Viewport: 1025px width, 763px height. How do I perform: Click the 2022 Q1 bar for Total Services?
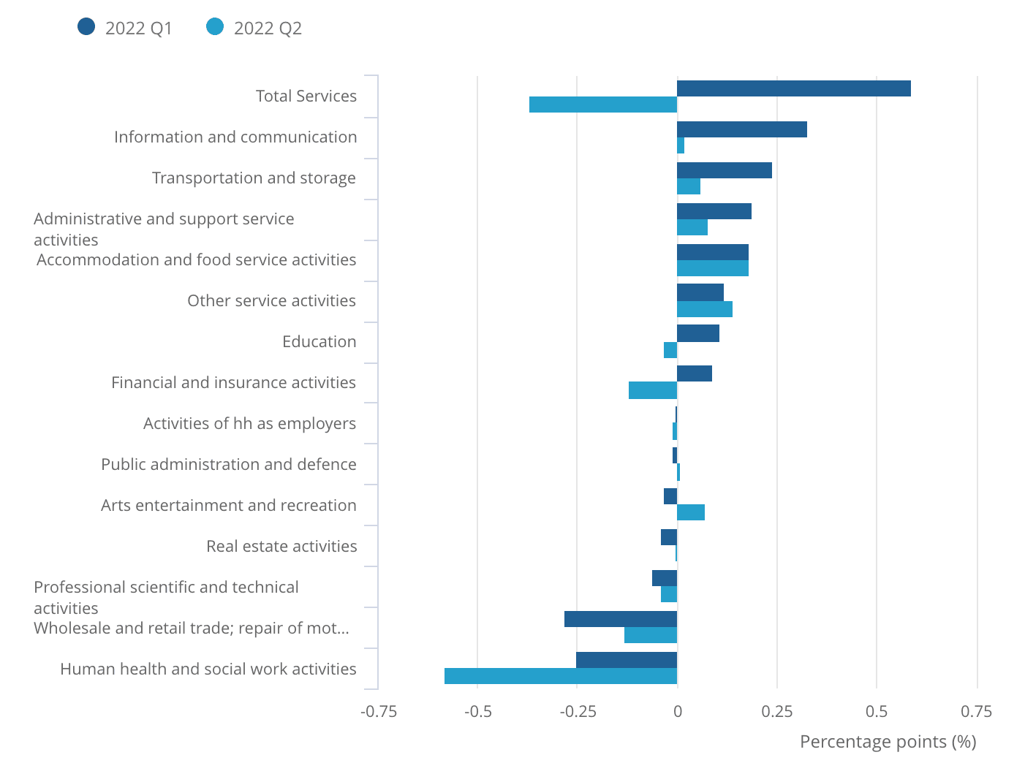pyautogui.click(x=793, y=88)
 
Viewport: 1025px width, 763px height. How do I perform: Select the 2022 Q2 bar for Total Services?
pyautogui.click(x=603, y=105)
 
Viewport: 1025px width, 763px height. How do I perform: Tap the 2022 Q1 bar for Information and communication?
pyautogui.click(x=741, y=129)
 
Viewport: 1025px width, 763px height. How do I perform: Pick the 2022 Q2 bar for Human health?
pyautogui.click(x=561, y=676)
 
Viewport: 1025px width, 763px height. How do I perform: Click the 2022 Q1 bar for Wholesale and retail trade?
pyautogui.click(x=621, y=619)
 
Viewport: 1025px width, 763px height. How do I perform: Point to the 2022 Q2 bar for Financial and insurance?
pyautogui.click(x=653, y=391)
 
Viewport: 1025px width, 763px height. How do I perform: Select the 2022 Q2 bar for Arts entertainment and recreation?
pyautogui.click(x=691, y=512)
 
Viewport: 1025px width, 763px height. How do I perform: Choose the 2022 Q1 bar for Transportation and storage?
pyautogui.click(x=724, y=170)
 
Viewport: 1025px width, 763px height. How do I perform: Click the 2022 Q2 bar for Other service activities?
pyautogui.click(x=705, y=309)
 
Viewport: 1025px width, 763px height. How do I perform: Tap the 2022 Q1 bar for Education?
pyautogui.click(x=698, y=333)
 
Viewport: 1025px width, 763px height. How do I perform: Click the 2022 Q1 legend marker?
pyautogui.click(x=86, y=28)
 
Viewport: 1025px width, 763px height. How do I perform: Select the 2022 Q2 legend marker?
pyautogui.click(x=215, y=28)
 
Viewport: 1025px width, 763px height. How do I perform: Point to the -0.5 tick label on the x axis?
pyautogui.click(x=478, y=711)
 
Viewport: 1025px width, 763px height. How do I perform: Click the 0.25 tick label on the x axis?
pyautogui.click(x=777, y=711)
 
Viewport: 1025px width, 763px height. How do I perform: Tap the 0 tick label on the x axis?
pyautogui.click(x=678, y=711)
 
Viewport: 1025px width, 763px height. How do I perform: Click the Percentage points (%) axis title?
pyautogui.click(x=888, y=742)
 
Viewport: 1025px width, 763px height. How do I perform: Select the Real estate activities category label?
pyautogui.click(x=281, y=546)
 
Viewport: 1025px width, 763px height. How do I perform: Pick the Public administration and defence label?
pyautogui.click(x=229, y=464)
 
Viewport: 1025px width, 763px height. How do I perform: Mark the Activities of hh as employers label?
pyautogui.click(x=249, y=423)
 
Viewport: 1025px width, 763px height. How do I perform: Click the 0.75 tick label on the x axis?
pyautogui.click(x=977, y=711)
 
